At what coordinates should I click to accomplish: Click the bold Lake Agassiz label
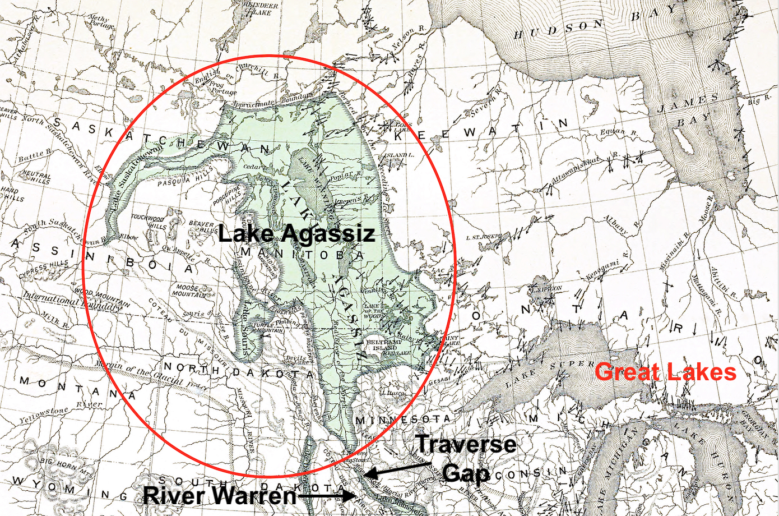pos(296,233)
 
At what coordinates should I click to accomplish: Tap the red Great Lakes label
pos(665,372)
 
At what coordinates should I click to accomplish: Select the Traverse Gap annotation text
pos(465,458)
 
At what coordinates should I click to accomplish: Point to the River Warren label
pos(219,495)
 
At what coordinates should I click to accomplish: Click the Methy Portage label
pos(101,22)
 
